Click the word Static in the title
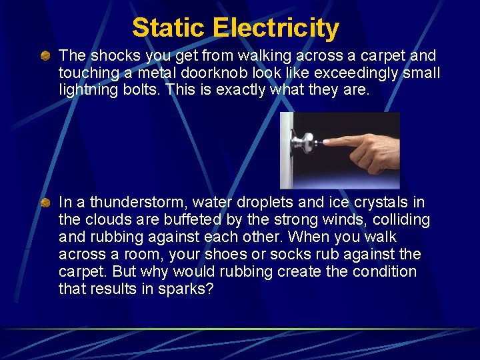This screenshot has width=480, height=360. click(169, 28)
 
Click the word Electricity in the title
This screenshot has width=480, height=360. click(276, 28)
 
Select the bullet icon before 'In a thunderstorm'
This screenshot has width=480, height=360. click(45, 202)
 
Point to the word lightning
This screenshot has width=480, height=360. click(89, 90)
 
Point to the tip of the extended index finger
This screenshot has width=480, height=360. click(325, 143)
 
